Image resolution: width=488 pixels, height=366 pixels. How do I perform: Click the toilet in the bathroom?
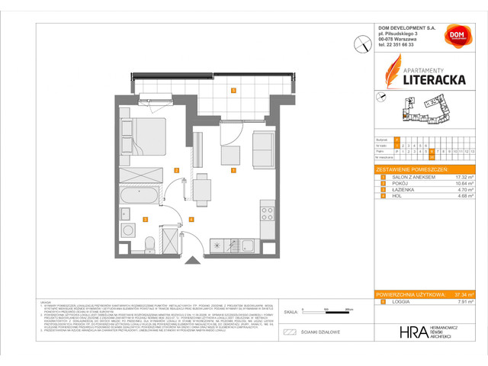coord(151,243)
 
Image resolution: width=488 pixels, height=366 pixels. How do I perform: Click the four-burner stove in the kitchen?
coord(267,210)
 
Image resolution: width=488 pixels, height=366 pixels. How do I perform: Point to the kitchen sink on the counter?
coord(248,245)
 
